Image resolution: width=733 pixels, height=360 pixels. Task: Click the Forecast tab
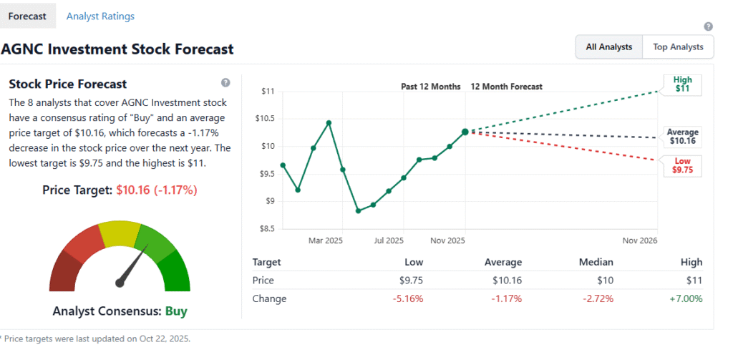point(27,16)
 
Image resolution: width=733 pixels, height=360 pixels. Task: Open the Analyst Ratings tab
point(100,16)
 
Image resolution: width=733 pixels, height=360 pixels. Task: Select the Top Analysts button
point(678,47)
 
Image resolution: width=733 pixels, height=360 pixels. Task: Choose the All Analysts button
point(609,47)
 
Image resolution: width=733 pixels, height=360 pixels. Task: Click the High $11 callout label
point(682,84)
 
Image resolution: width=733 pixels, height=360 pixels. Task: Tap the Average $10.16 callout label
point(682,137)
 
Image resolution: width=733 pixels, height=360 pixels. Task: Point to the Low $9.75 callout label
point(682,165)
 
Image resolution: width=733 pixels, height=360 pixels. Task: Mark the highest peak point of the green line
point(329,123)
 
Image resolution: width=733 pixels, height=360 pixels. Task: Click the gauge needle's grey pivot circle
point(120,283)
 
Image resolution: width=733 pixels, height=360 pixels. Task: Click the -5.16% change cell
point(408,298)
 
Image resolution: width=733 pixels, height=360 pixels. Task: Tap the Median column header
point(596,262)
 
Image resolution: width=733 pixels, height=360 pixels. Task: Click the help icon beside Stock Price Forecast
point(225,83)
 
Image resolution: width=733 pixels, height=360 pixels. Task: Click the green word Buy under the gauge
point(175,311)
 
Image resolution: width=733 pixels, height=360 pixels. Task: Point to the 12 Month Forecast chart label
point(506,87)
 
